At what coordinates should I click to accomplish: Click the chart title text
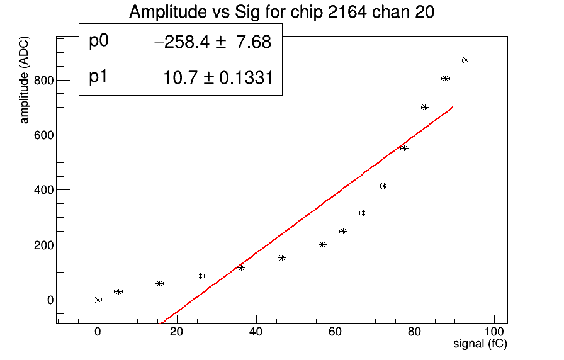(281, 12)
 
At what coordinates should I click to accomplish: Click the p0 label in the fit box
(99, 41)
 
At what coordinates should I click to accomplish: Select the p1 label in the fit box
(99, 77)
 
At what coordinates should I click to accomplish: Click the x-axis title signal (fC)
(480, 344)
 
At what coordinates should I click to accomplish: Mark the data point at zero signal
(98, 300)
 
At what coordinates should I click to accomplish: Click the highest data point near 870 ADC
(466, 60)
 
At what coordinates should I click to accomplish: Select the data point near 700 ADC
(425, 107)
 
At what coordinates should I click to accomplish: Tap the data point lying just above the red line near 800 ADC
(445, 78)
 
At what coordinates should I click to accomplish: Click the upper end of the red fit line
(452, 108)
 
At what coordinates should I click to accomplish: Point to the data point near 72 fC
(384, 186)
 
